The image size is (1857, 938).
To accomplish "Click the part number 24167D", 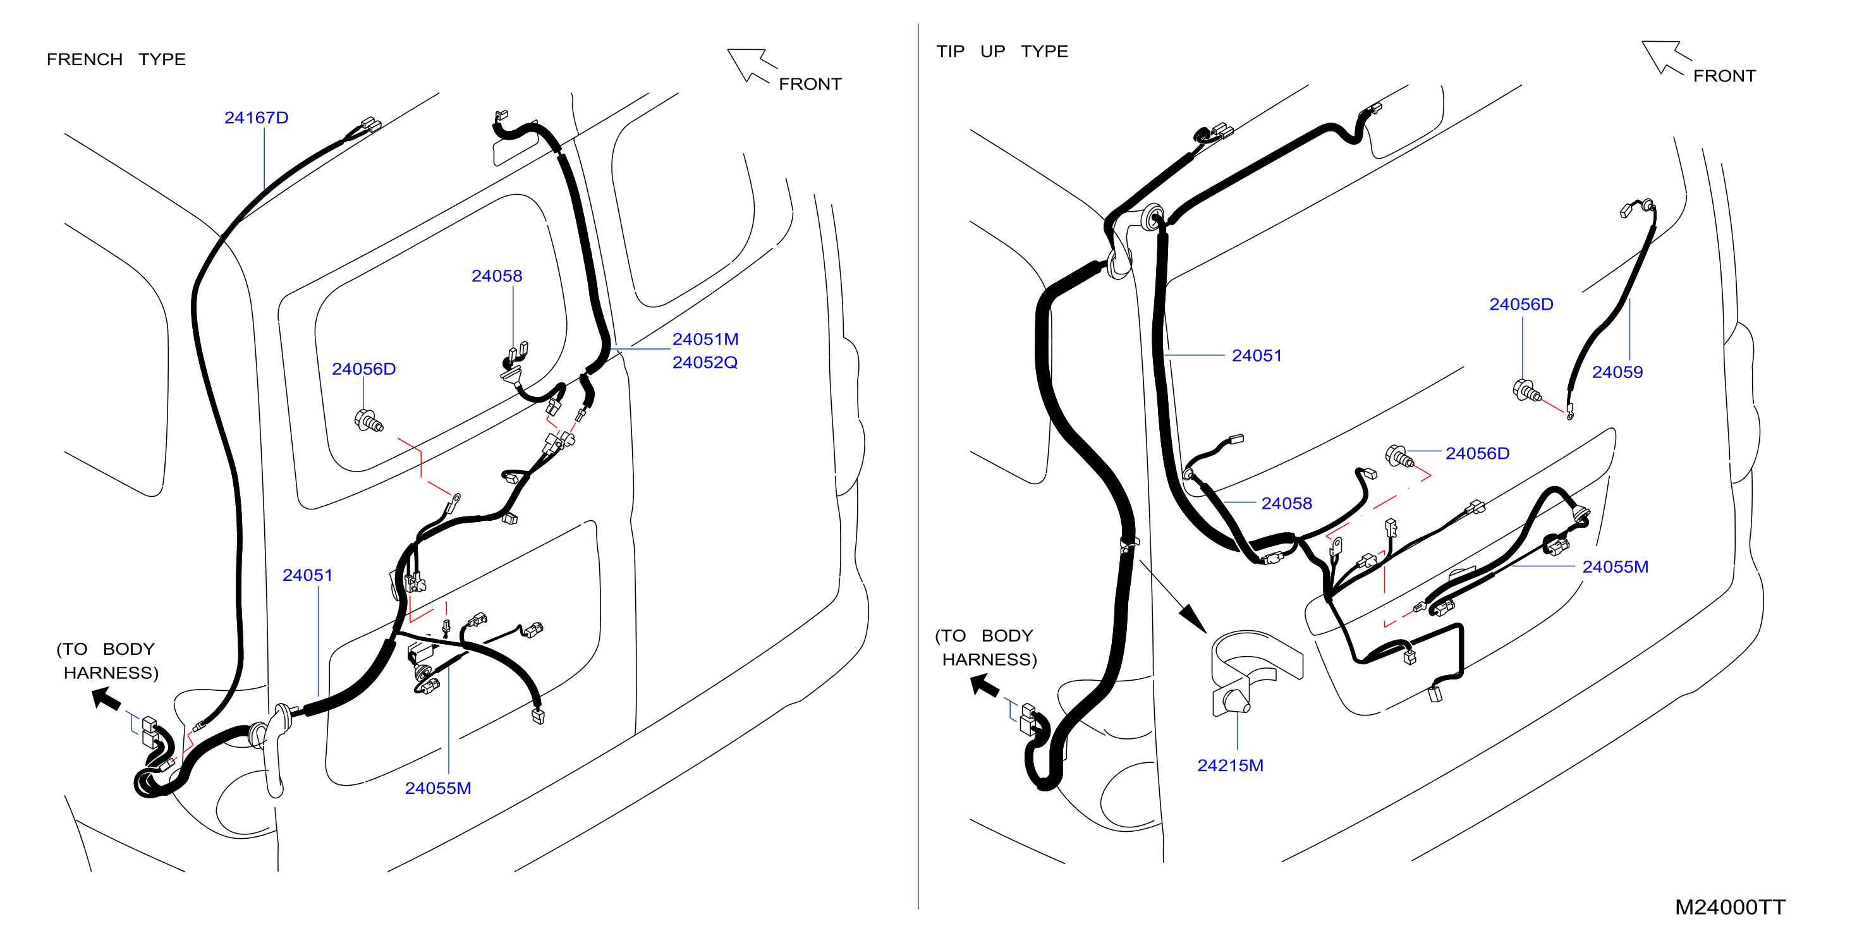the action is [256, 118].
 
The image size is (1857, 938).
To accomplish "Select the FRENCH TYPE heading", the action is [116, 59].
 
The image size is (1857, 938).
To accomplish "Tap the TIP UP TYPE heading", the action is [1002, 51].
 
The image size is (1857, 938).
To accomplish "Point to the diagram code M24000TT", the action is [1730, 907].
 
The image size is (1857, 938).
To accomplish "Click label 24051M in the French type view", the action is [705, 339].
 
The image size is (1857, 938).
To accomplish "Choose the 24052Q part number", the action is [705, 362].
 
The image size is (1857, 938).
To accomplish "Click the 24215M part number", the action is [1230, 765].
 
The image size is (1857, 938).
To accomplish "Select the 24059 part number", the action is [1617, 372].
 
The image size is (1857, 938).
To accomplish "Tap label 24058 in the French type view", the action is [497, 276].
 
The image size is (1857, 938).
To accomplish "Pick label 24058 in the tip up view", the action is [1286, 503].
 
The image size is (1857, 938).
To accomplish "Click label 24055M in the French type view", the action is [437, 788].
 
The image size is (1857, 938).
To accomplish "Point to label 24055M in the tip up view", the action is [1615, 567].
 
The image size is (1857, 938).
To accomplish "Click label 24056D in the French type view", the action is [363, 369].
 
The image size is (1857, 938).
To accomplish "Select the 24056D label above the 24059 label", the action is [1521, 304].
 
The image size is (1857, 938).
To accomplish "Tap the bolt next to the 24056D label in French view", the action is [368, 420].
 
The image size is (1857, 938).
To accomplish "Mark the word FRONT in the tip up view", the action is [1724, 76].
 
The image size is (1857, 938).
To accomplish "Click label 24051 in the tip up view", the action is [1257, 355].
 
